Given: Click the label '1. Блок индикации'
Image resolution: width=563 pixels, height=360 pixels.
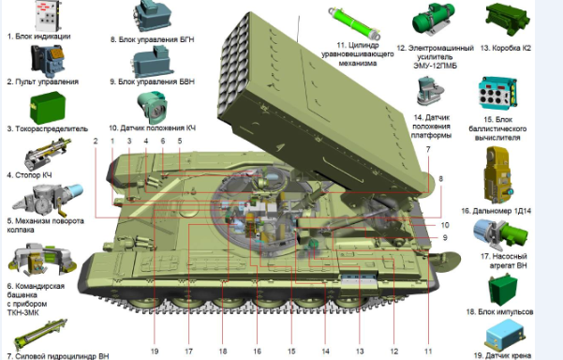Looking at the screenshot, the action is click(x=38, y=37).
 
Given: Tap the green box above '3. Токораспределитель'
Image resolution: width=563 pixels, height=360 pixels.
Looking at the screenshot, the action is click(x=48, y=108).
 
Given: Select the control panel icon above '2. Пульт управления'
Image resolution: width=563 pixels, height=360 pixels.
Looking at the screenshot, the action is click(x=48, y=60).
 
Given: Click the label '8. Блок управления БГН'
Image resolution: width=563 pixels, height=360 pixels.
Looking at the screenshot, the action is click(x=153, y=39).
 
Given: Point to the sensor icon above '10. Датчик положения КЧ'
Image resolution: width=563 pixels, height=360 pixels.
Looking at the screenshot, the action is click(x=153, y=107).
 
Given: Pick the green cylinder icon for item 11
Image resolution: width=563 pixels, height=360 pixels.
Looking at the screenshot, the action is click(x=354, y=23).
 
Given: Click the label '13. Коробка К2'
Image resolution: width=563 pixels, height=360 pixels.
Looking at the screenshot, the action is click(x=506, y=48).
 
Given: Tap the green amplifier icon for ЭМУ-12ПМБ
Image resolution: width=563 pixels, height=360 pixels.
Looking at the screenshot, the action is click(x=434, y=19).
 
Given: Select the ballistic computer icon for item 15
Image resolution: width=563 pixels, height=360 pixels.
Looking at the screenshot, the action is click(x=497, y=93).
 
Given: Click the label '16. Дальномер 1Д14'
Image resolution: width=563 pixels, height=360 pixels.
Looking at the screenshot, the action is click(x=496, y=211).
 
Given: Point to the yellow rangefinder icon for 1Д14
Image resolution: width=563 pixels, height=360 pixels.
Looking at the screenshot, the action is click(x=497, y=175).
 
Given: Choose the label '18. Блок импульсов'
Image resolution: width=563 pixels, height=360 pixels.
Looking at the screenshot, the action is click(x=499, y=312).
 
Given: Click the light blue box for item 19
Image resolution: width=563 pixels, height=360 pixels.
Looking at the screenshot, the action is click(x=504, y=334).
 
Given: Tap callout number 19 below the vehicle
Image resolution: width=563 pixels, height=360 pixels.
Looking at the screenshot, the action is click(x=155, y=352).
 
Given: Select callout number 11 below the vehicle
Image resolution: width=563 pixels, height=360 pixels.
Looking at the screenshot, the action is click(x=428, y=352).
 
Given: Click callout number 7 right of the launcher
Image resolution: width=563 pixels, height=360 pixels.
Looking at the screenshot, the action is click(x=428, y=149).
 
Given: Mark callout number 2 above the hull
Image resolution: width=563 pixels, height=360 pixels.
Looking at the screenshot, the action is click(x=96, y=141).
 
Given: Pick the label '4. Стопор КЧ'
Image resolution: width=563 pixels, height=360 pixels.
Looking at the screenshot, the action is click(x=29, y=175).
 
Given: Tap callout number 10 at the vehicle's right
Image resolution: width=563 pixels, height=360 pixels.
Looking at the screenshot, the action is click(x=445, y=225).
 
